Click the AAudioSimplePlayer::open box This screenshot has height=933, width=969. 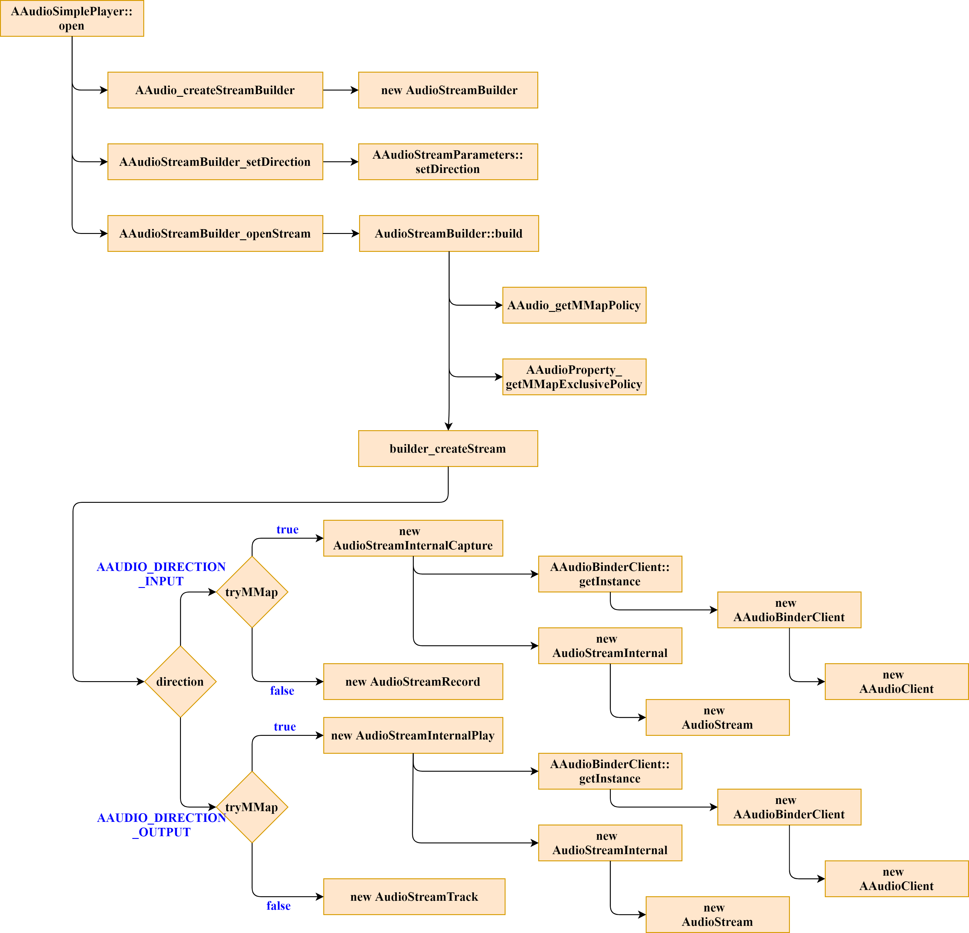pyautogui.click(x=72, y=18)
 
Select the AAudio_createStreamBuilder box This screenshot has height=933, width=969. pyautogui.click(x=215, y=90)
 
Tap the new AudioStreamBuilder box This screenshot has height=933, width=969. pyautogui.click(x=448, y=90)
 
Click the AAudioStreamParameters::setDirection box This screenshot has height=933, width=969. pyautogui.click(x=448, y=162)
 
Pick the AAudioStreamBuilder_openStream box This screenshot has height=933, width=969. pyautogui.click(x=215, y=234)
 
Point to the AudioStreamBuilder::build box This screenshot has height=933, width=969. pyautogui.click(x=448, y=234)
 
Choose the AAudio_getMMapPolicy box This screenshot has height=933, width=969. pyautogui.click(x=574, y=305)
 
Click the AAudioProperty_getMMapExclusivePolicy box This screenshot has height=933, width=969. pyautogui.click(x=574, y=377)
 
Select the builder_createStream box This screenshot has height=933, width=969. pyautogui.click(x=448, y=449)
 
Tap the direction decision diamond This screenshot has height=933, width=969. pyautogui.click(x=180, y=682)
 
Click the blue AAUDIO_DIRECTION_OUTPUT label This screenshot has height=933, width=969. pyautogui.click(x=162, y=825)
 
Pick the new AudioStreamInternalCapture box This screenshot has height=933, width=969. pyautogui.click(x=413, y=538)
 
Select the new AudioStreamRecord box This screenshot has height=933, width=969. pyautogui.click(x=413, y=682)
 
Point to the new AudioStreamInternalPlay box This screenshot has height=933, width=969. pyautogui.click(x=413, y=736)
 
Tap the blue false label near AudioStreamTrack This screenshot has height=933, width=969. pyautogui.click(x=278, y=906)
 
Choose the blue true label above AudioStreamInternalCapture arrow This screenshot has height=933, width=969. pyautogui.click(x=287, y=529)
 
